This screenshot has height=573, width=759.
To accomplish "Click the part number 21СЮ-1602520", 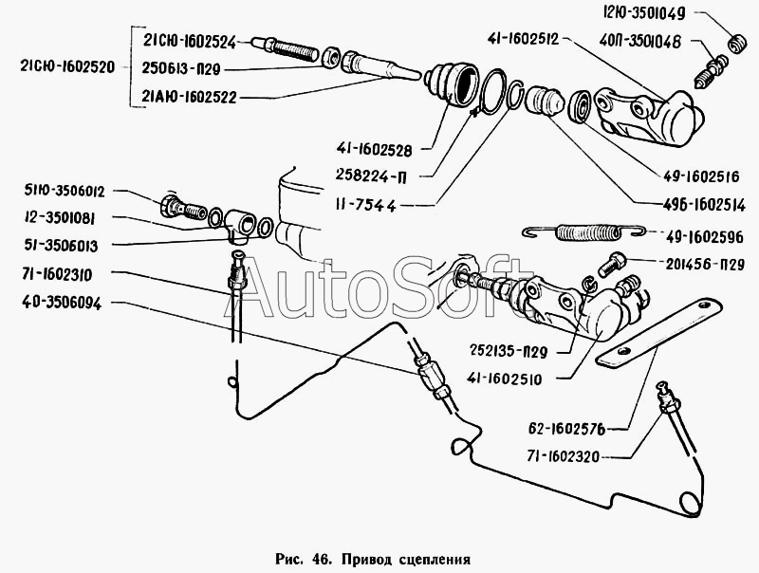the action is [x=67, y=66].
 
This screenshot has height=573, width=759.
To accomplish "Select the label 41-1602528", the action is [x=374, y=150].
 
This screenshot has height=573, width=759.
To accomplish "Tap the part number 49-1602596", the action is [x=704, y=236].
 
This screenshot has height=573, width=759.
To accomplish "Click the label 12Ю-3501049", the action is [x=644, y=13].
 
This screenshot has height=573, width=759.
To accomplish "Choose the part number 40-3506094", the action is [x=62, y=303].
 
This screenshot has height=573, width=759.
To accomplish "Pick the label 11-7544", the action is [x=365, y=206].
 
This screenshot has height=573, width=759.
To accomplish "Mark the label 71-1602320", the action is [x=564, y=456].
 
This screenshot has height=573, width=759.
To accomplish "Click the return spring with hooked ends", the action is [x=584, y=232].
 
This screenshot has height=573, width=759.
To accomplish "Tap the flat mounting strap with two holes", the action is [x=658, y=333].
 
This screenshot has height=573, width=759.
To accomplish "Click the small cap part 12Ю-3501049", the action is [x=737, y=43].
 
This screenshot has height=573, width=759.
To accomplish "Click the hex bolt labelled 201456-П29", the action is [x=612, y=265].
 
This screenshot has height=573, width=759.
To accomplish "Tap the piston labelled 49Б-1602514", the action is [x=544, y=101].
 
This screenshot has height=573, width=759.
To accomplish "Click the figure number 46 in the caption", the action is [x=322, y=559].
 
